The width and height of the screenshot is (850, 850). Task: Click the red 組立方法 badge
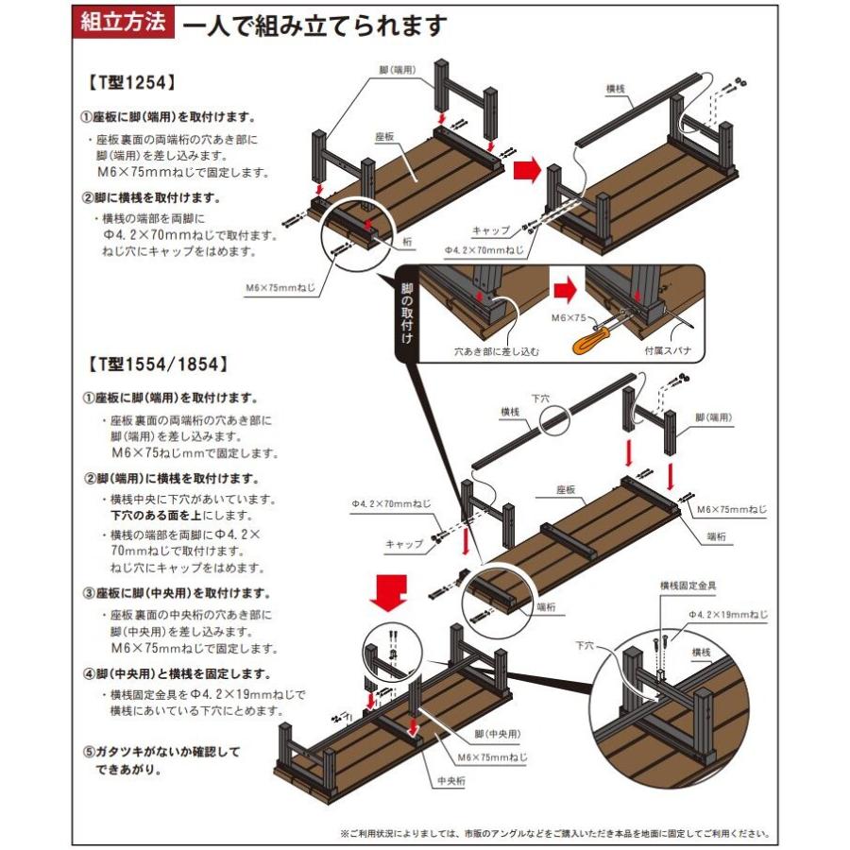123,24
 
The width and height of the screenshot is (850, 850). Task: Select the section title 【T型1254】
131,82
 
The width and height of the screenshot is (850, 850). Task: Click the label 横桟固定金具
688,586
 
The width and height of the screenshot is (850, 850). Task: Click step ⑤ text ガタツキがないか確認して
161,753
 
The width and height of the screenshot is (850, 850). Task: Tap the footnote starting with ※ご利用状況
554,834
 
